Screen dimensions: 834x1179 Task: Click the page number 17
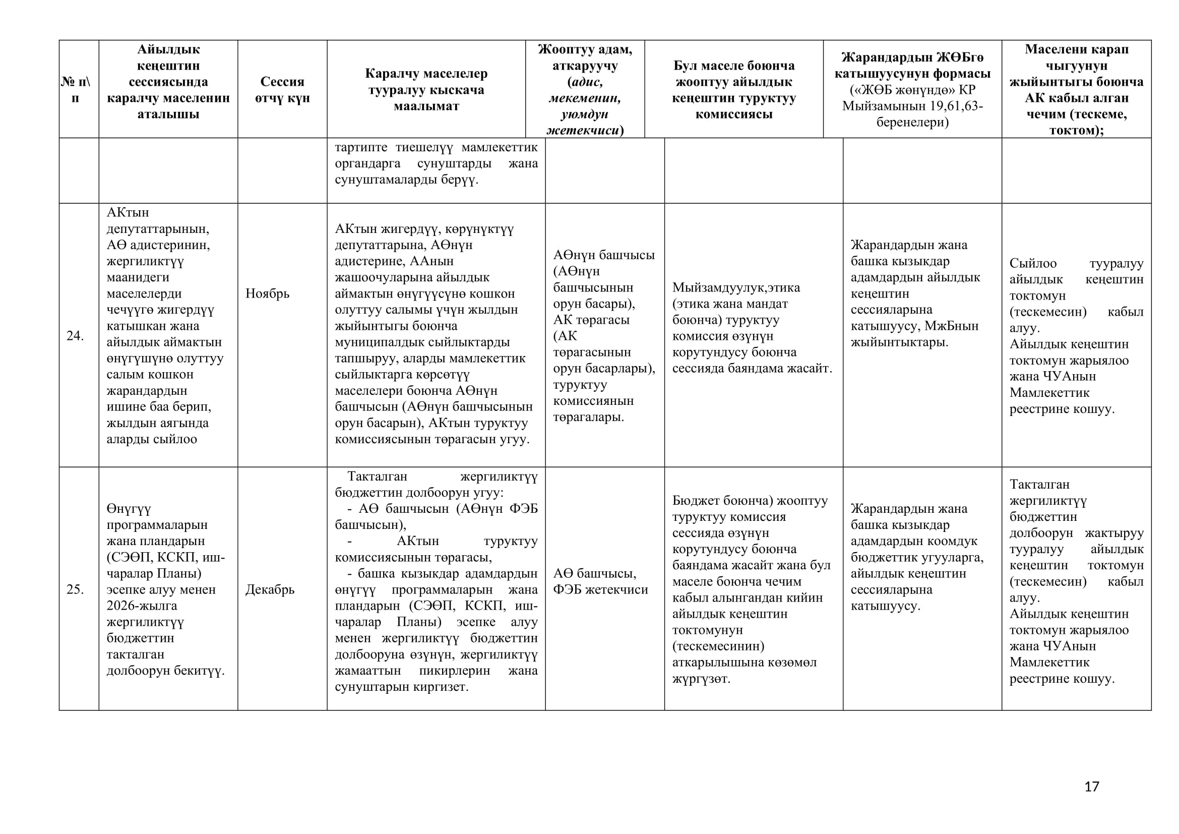click(x=1091, y=786)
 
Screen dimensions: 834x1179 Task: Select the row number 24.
click(x=75, y=335)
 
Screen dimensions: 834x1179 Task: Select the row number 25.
click(x=75, y=589)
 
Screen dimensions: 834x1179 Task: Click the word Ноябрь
click(x=268, y=293)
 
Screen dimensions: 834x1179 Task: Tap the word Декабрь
click(x=270, y=589)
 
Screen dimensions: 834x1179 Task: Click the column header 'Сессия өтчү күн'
click(x=282, y=89)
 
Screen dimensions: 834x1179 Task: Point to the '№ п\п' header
click(x=76, y=89)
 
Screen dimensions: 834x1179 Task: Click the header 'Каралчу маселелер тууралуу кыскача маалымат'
click(x=426, y=89)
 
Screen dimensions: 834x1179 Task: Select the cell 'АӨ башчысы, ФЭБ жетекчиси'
click(x=600, y=581)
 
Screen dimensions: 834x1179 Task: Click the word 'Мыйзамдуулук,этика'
click(x=736, y=287)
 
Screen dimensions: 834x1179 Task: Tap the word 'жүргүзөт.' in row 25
click(x=701, y=678)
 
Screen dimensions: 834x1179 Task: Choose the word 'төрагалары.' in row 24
click(x=588, y=416)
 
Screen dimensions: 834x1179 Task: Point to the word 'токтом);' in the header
click(x=1076, y=130)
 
